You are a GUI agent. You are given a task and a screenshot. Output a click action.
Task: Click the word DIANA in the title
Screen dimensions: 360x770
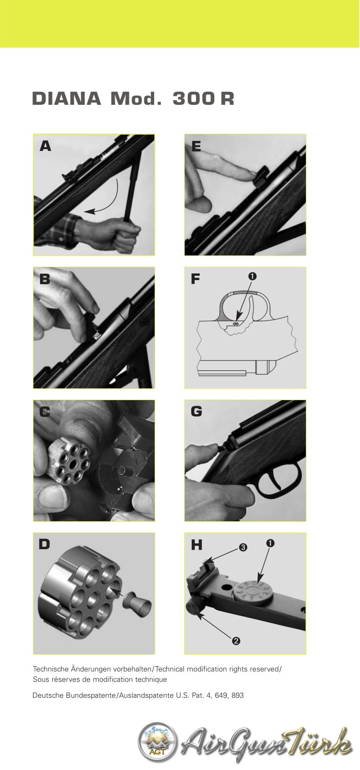pyautogui.click(x=66, y=99)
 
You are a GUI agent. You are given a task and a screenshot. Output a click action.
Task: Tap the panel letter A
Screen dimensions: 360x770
pyautogui.click(x=45, y=146)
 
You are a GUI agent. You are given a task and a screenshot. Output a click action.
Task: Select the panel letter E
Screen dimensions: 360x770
pyautogui.click(x=196, y=146)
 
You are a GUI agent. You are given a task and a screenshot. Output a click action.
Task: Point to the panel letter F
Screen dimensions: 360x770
pyautogui.click(x=196, y=279)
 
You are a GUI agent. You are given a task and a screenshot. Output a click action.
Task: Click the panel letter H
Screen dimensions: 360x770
pyautogui.click(x=197, y=545)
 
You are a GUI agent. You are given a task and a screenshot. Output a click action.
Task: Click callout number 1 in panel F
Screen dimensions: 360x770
pyautogui.click(x=252, y=276)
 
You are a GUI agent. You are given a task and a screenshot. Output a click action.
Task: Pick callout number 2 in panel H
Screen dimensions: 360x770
pyautogui.click(x=236, y=641)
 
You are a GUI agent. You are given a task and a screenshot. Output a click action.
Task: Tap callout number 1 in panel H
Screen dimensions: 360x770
pyautogui.click(x=270, y=543)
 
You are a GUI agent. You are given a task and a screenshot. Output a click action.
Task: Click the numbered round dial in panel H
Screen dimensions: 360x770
pyautogui.click(x=252, y=590)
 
